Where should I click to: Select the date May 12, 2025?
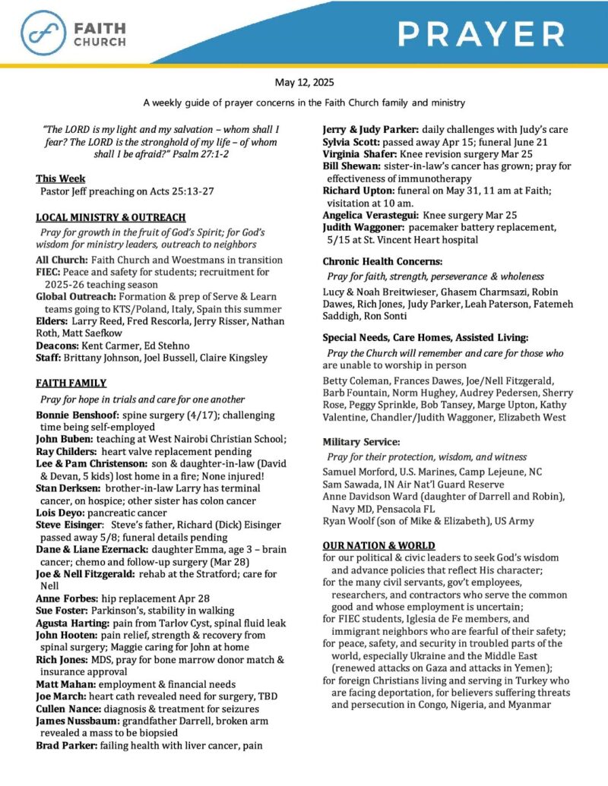click(x=303, y=82)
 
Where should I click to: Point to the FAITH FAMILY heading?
click(x=71, y=383)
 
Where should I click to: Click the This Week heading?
click(x=61, y=178)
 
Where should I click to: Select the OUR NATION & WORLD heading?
click(x=378, y=545)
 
